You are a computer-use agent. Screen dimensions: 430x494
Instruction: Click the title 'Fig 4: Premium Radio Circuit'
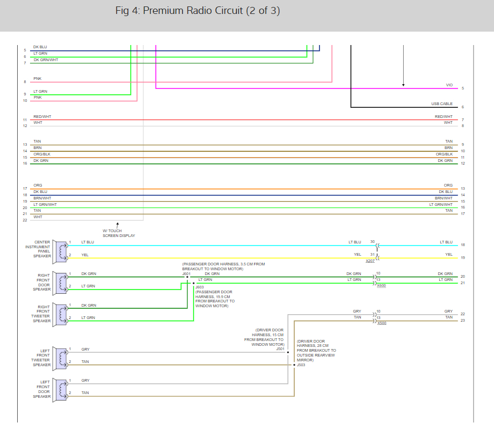point(197,11)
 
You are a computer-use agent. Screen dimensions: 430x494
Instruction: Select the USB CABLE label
point(441,104)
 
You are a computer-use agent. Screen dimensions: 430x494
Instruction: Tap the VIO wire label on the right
point(449,85)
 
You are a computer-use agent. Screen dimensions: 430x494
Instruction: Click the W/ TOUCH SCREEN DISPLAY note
point(119,233)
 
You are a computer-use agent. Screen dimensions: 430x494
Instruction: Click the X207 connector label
point(370,261)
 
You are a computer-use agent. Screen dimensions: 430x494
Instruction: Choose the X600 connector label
point(381,286)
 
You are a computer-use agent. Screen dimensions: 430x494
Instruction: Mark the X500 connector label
point(381,323)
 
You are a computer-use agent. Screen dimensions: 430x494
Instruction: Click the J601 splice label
point(186,273)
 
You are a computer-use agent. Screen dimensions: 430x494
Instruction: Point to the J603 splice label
point(199,287)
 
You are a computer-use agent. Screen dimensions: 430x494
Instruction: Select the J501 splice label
point(280,349)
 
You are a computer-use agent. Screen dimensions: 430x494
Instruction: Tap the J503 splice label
point(301,365)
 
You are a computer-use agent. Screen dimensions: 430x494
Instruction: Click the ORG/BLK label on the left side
point(41,154)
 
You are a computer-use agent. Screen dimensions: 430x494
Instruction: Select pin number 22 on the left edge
point(25,220)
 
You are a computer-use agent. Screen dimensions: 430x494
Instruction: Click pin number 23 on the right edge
point(462,321)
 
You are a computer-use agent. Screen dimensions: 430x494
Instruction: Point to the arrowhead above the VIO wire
point(403,84)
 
